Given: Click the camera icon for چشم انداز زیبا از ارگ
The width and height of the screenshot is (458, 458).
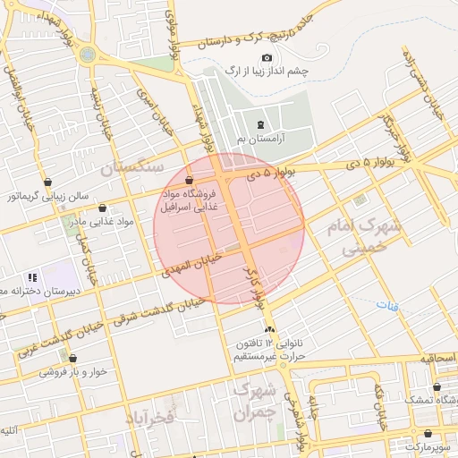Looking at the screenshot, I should click(267, 57).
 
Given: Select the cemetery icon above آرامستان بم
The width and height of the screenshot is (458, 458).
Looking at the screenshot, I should click(260, 124).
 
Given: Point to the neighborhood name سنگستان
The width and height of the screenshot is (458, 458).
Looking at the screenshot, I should click(131, 167).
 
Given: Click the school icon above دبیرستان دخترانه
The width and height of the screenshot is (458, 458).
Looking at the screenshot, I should click(33, 278).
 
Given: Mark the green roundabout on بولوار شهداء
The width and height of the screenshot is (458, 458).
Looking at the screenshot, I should click(87, 54).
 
